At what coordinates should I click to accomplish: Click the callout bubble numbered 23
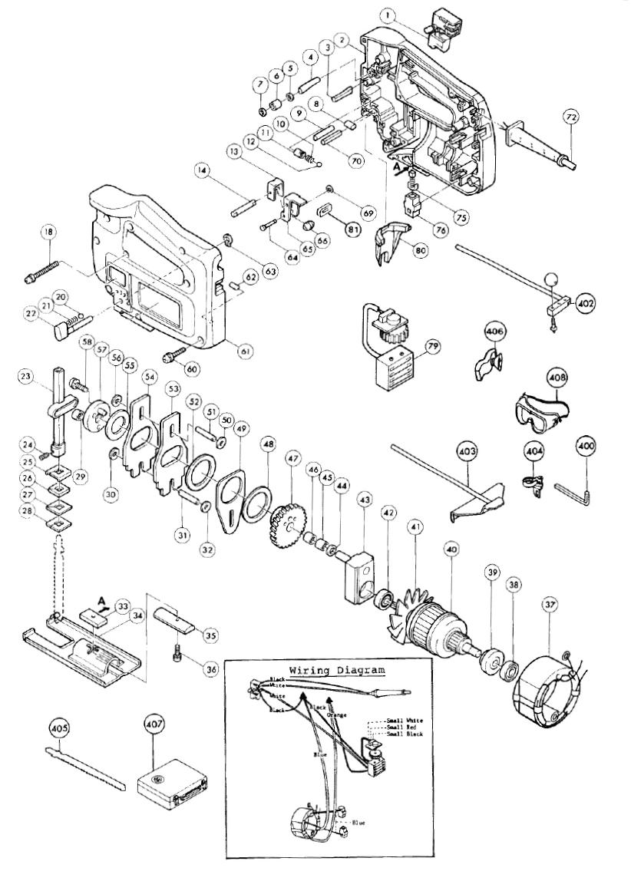[x=28, y=377]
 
